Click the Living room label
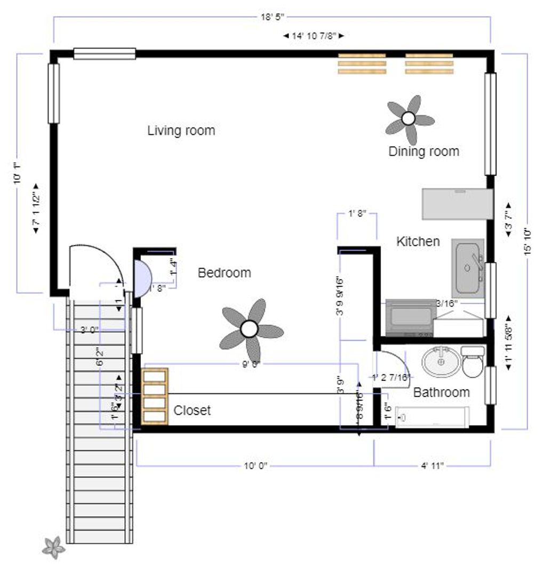click(181, 131)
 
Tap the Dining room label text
click(423, 151)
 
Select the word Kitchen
click(418, 242)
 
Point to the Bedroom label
click(224, 273)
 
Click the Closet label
click(192, 411)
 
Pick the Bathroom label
click(441, 393)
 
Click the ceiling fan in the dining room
click(409, 119)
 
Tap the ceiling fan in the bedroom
click(250, 330)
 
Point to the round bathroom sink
click(441, 362)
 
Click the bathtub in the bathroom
click(433, 417)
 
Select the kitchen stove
click(410, 318)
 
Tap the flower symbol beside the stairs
click(53, 547)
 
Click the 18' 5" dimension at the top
click(272, 17)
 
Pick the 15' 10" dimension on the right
click(528, 242)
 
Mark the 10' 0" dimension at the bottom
click(255, 466)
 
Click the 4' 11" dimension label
click(432, 466)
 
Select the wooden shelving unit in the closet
click(155, 396)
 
